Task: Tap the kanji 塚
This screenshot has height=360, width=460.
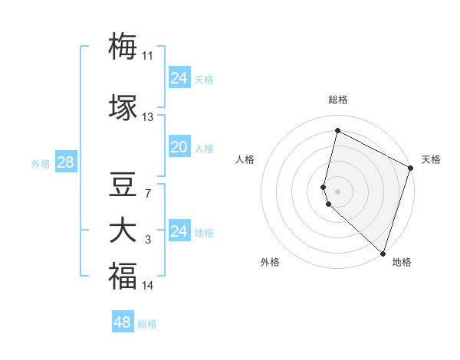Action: coord(123,108)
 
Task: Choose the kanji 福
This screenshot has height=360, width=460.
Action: coord(123,277)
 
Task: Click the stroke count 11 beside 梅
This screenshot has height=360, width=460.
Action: coord(147,56)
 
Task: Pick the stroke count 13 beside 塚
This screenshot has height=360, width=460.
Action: coord(147,117)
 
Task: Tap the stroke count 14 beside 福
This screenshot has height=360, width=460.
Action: coord(147,286)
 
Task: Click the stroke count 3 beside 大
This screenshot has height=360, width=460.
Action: coord(147,241)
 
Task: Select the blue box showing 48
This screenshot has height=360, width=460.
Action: coord(123,322)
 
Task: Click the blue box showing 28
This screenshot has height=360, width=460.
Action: coord(65,162)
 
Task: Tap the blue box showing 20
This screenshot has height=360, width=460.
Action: coord(179,147)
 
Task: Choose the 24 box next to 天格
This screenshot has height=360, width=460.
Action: coord(179,78)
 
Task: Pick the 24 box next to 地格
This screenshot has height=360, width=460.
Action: coord(179,231)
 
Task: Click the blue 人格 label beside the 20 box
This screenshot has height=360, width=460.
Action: coord(204,149)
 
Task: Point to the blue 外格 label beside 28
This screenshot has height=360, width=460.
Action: coord(41,163)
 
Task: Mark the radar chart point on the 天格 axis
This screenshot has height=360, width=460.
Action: coord(411,169)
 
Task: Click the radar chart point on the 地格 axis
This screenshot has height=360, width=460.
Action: coord(383,254)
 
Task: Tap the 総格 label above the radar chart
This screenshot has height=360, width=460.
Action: coord(338,100)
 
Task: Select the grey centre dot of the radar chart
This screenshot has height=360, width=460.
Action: coord(338,191)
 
